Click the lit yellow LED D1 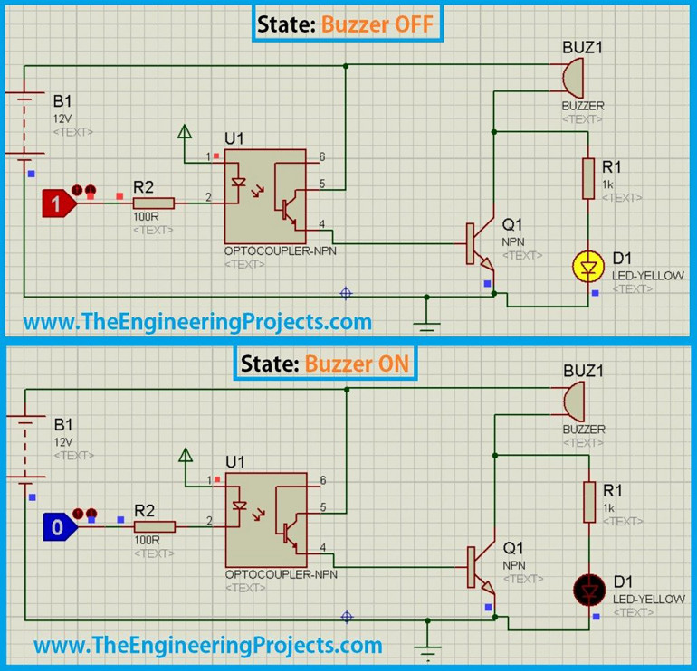(588, 268)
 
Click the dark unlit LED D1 (588, 591)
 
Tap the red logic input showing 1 (57, 204)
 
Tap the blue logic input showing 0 (57, 527)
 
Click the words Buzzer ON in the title (357, 364)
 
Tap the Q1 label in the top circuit (512, 224)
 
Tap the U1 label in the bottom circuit (234, 462)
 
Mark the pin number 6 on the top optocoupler (321, 156)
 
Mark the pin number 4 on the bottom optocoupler (322, 547)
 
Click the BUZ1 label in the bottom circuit (582, 371)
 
